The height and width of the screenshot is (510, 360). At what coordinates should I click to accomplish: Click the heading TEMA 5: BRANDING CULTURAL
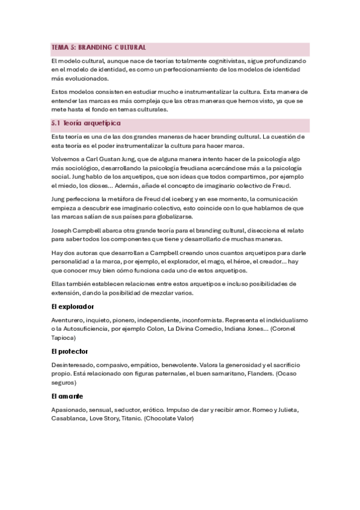[99, 48]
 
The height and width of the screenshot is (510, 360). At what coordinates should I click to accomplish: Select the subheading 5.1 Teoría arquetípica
[86, 123]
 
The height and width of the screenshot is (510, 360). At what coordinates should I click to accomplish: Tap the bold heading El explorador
[73, 306]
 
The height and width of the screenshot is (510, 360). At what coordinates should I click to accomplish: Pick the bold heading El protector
[70, 351]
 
